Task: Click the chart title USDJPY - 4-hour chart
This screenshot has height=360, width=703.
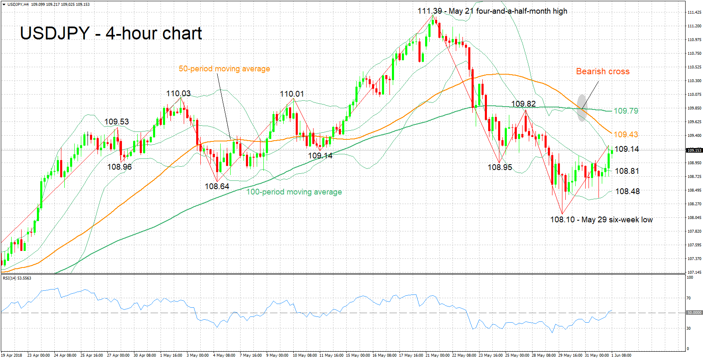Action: (111, 34)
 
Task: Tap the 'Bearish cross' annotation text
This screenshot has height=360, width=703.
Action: (603, 71)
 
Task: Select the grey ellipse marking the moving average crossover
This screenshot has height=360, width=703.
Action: (582, 108)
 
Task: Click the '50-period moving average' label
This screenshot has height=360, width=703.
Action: (224, 69)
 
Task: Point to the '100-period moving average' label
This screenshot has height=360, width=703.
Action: (294, 192)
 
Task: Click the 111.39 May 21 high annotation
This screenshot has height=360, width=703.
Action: (492, 11)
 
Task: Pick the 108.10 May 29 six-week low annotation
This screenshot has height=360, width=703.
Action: (601, 220)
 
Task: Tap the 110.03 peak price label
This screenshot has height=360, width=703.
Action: (178, 94)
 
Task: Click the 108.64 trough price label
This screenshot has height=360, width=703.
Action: (217, 187)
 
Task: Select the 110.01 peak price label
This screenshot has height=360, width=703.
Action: (292, 94)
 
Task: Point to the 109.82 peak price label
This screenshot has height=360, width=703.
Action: (523, 104)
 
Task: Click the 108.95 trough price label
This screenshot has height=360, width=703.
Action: (500, 168)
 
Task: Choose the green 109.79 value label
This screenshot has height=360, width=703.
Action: (626, 111)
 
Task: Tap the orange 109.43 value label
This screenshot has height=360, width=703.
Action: (626, 134)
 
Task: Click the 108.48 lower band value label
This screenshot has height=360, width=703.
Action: (627, 191)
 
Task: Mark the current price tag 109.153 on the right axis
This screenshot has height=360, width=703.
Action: (694, 151)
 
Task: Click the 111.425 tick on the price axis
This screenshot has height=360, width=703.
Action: (694, 12)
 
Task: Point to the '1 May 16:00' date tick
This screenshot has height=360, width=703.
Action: (171, 355)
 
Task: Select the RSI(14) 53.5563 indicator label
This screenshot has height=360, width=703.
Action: (17, 278)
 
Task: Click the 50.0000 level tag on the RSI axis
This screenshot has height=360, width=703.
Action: (694, 313)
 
